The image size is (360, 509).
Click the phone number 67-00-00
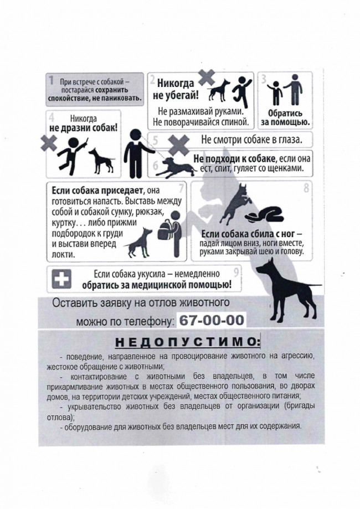point(210,321)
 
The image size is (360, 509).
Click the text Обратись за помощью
point(289,118)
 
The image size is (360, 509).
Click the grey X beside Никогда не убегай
point(205,79)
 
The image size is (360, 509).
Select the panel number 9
point(237,271)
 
